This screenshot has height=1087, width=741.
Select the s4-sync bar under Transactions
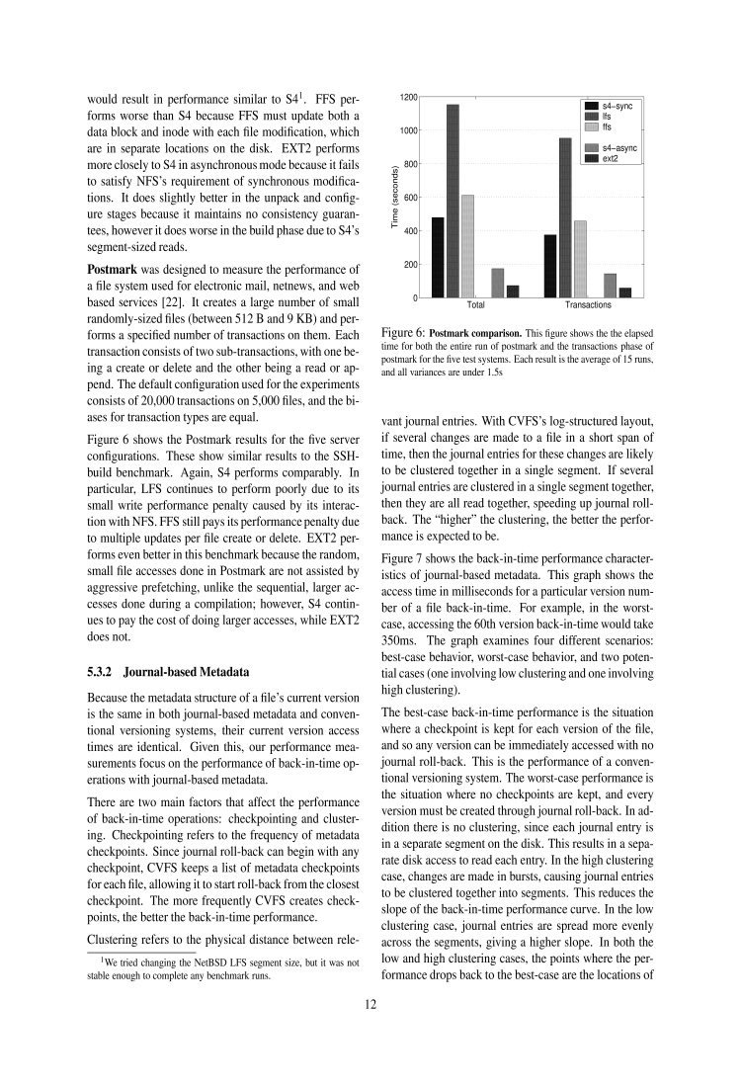pos(550,266)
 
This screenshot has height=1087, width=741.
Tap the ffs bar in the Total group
pos(467,246)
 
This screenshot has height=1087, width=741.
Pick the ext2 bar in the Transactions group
pos(625,293)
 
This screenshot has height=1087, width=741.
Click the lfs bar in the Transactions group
pos(565,217)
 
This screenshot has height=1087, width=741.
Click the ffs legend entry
pos(605,127)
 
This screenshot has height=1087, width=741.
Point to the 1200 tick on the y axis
pos(408,97)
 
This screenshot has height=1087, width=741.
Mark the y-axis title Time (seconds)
pos(394,198)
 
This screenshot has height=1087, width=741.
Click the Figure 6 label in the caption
pos(403,332)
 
